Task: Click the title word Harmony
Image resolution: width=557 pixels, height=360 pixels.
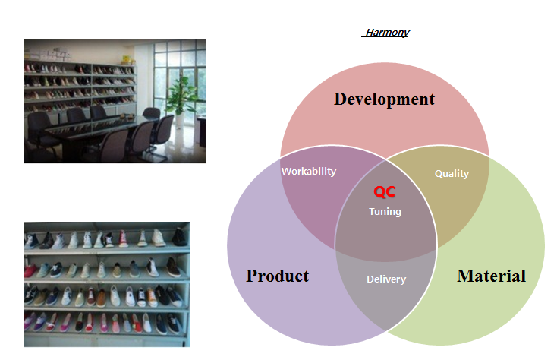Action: [388, 33]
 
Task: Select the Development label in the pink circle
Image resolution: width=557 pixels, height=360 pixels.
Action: [384, 99]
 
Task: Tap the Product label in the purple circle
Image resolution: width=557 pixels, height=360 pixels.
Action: [278, 276]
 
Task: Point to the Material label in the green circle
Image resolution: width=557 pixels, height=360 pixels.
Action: [491, 276]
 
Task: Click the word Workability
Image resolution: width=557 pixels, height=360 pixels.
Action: [309, 172]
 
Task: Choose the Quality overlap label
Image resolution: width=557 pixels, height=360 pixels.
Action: [452, 173]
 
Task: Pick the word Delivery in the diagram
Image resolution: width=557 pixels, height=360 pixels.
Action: [386, 279]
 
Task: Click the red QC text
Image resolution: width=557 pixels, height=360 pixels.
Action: [384, 192]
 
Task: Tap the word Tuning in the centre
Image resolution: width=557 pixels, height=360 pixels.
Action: [385, 212]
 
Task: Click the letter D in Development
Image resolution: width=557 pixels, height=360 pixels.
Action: [341, 99]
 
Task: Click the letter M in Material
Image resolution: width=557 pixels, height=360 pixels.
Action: [465, 276]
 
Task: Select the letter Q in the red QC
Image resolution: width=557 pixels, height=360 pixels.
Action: [379, 192]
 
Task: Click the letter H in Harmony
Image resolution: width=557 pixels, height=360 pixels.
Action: [370, 33]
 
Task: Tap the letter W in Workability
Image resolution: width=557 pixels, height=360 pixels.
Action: [286, 172]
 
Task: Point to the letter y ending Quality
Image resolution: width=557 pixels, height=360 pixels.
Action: [466, 175]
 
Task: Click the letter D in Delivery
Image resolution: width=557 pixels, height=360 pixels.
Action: [370, 279]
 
